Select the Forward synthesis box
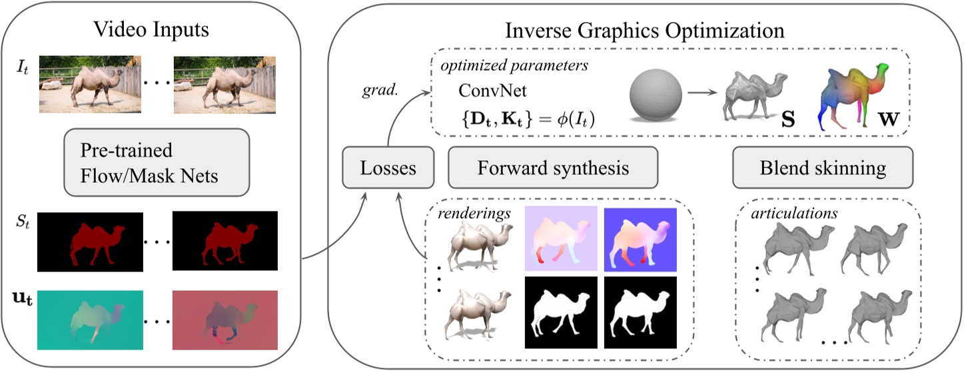tap(553, 168)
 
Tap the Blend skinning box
tap(823, 168)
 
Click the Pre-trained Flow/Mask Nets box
tap(156, 160)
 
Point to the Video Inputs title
tap(151, 30)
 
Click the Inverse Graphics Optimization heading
tap(645, 30)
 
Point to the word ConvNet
tap(487, 91)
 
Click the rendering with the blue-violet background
tap(640, 240)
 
